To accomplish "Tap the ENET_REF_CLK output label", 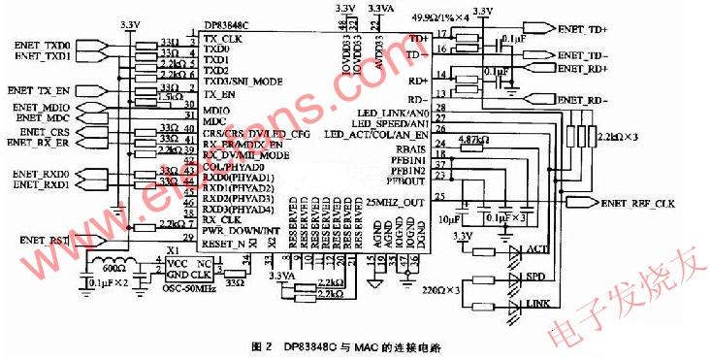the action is (x=634, y=203).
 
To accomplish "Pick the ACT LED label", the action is (x=538, y=249).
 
